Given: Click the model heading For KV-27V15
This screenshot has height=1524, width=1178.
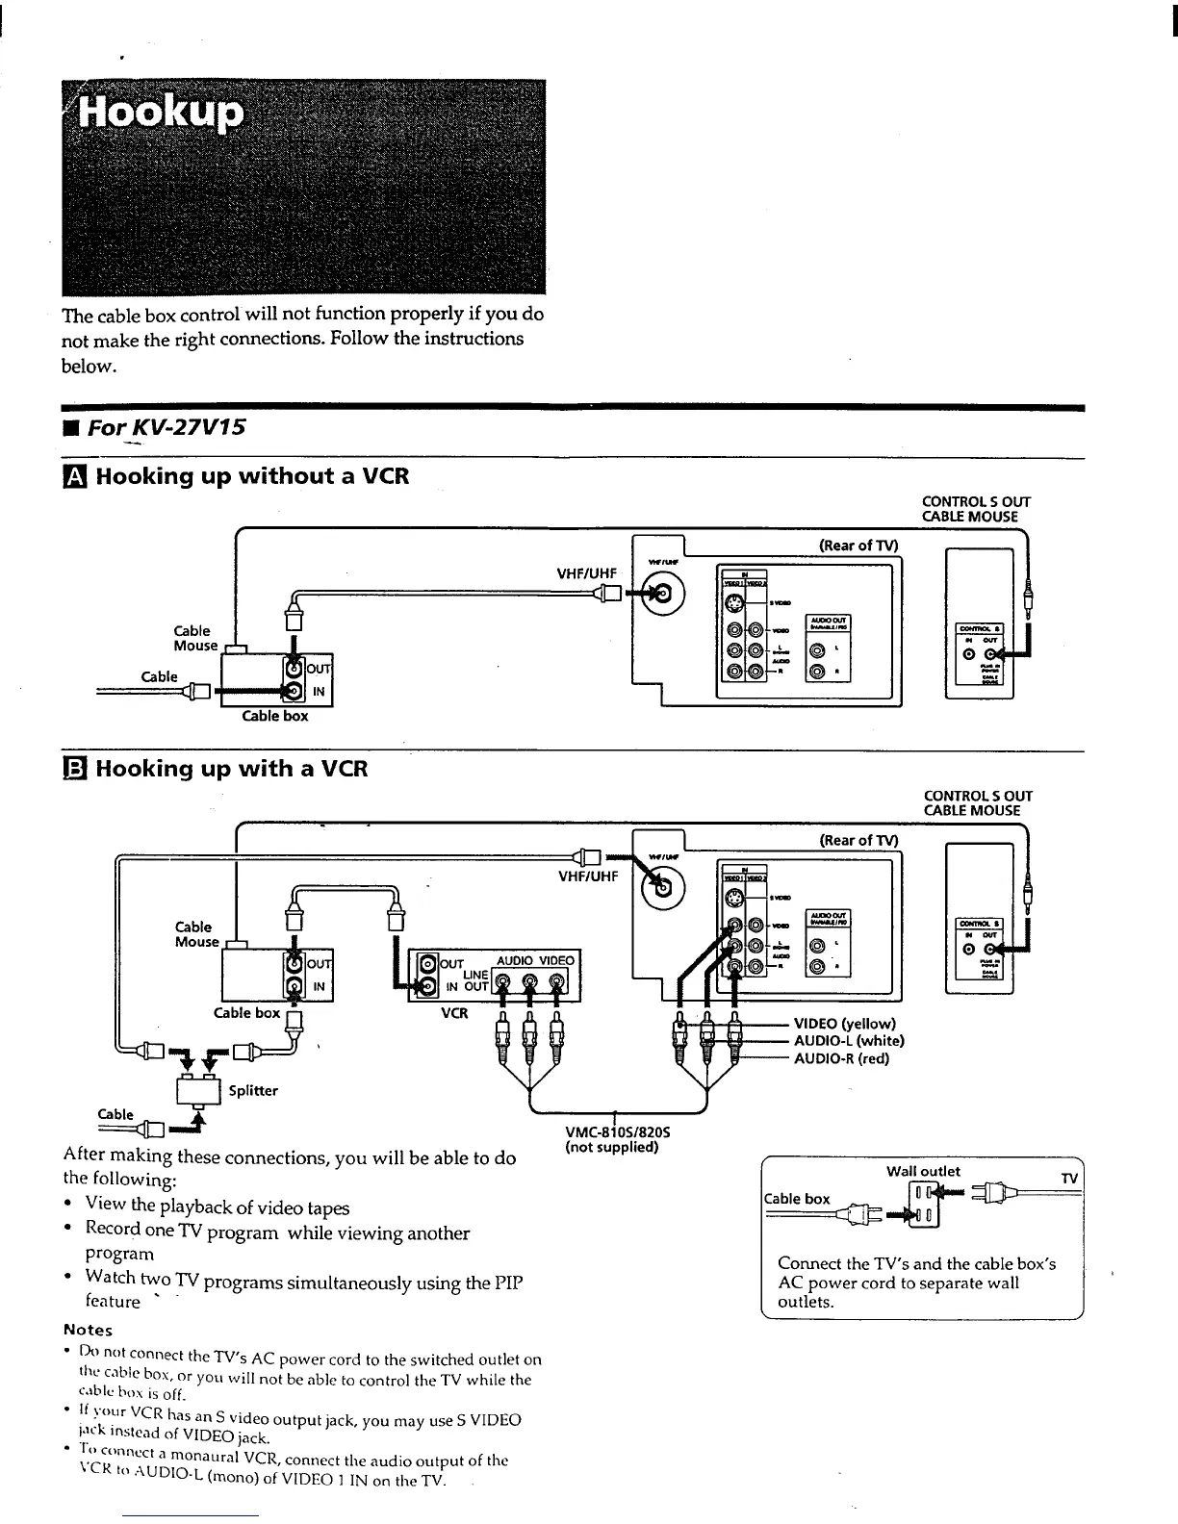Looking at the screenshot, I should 166,426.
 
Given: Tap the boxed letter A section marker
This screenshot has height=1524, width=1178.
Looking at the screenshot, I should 74,476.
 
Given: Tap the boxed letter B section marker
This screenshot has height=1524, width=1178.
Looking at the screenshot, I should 74,769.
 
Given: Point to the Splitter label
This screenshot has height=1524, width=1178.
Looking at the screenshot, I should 253,1090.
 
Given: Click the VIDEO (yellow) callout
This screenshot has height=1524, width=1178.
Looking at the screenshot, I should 844,1023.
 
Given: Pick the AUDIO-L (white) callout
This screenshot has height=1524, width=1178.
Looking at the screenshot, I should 849,1040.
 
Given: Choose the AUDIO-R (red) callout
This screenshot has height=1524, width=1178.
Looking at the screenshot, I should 841,1058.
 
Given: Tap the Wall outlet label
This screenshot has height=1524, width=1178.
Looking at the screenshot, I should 923,1171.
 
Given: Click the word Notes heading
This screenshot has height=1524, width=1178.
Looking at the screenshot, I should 88,1330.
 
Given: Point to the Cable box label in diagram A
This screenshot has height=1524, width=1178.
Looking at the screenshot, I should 275,716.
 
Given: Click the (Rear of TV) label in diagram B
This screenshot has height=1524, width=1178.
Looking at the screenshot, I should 858,840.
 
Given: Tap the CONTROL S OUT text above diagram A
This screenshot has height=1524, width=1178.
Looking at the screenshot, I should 976,501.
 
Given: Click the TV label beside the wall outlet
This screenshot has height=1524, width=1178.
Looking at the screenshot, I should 1069,1180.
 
